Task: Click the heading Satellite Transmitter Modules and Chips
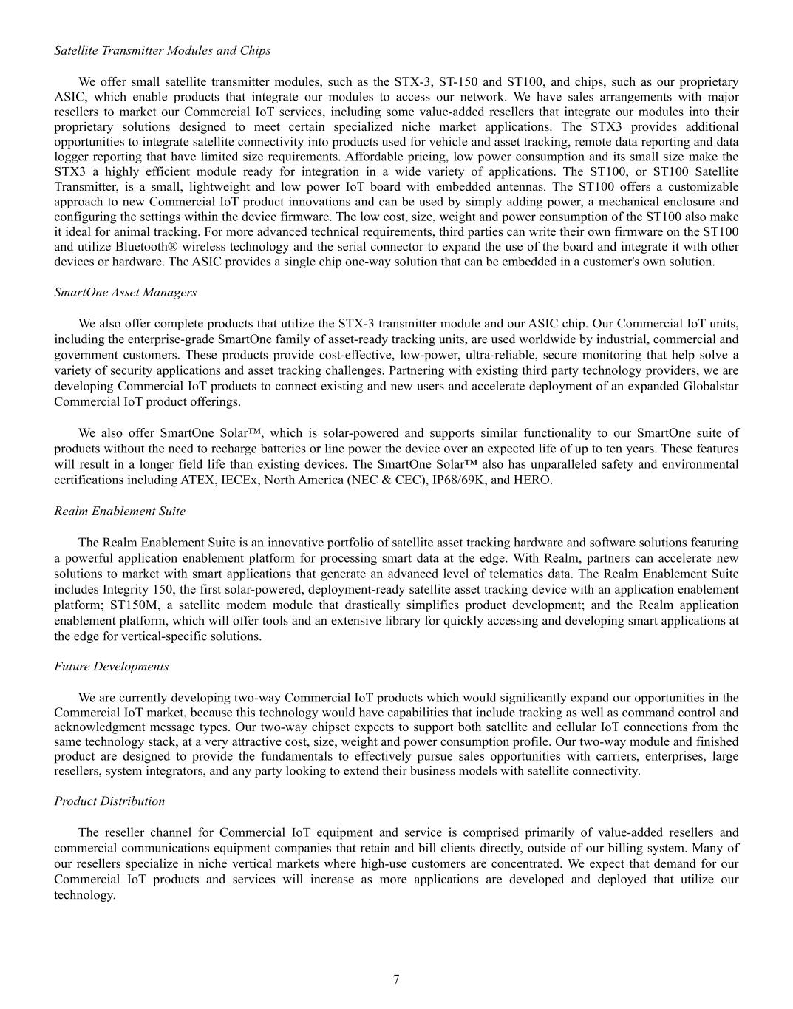[x=163, y=50]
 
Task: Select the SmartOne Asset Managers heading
[x=126, y=292]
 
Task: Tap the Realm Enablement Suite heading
[x=120, y=511]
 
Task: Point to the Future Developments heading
[x=112, y=666]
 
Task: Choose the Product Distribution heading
[x=109, y=801]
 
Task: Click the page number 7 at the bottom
[x=396, y=979]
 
